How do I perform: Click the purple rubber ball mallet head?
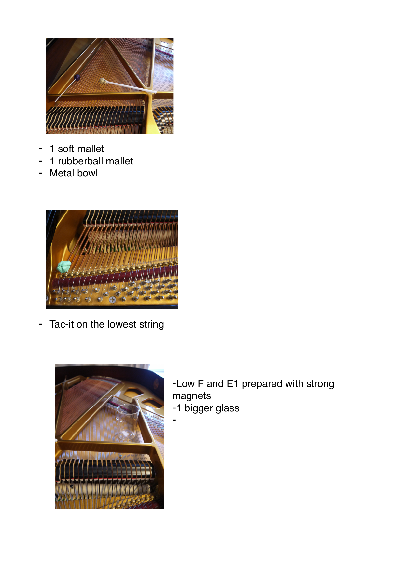pyautogui.click(x=77, y=77)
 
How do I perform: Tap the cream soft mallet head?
pyautogui.click(x=103, y=81)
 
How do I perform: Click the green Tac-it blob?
pyautogui.click(x=64, y=266)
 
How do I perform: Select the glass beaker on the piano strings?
pyautogui.click(x=128, y=421)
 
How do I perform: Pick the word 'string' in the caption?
pyautogui.click(x=151, y=325)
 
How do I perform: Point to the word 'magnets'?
pyautogui.click(x=191, y=396)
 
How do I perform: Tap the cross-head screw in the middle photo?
pyautogui.click(x=112, y=300)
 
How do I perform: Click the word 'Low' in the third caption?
pyautogui.click(x=185, y=384)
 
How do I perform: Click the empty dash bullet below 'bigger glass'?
pyautogui.click(x=174, y=420)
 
